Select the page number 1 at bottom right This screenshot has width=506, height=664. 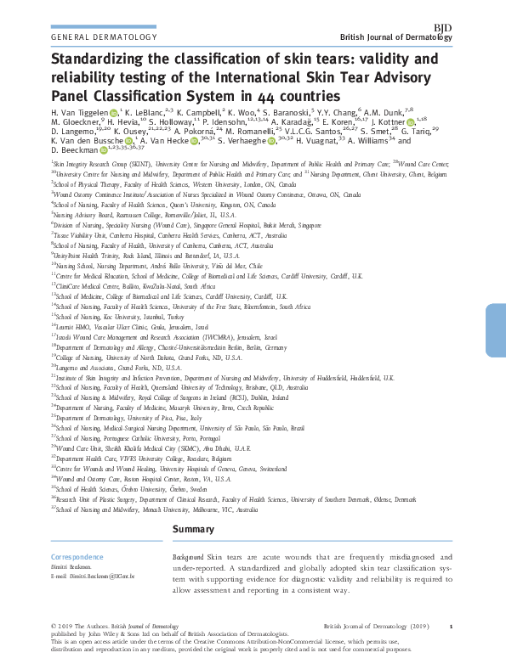451,626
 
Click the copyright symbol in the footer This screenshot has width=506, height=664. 54,626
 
